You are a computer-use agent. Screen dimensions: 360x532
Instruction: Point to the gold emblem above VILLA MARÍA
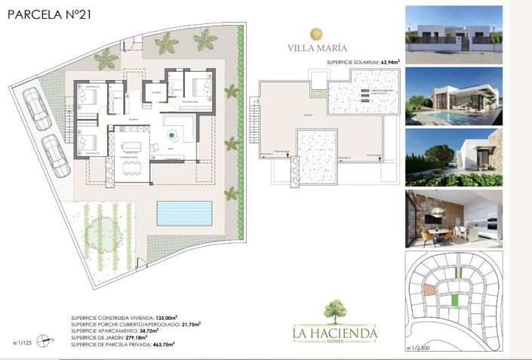(318, 34)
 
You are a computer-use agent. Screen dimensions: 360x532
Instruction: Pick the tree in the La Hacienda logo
(336, 311)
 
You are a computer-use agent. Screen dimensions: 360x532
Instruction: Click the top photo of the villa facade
(453, 29)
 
